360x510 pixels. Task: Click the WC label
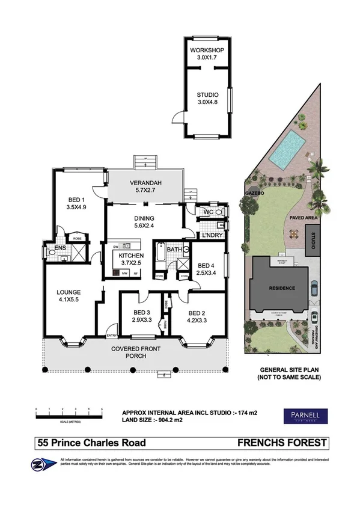[207, 213]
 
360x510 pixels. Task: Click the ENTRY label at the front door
[111, 336]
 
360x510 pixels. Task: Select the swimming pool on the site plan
[286, 149]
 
